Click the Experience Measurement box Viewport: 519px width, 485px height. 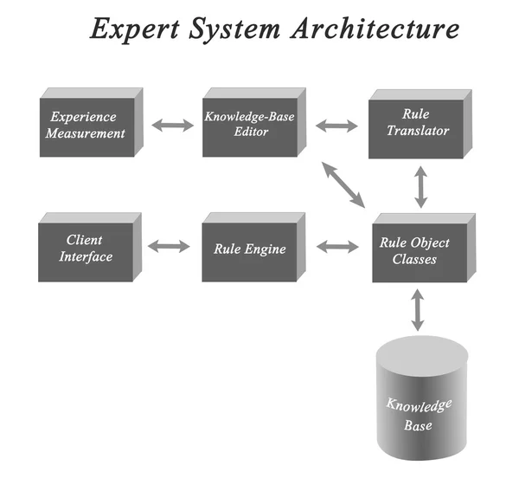(87, 126)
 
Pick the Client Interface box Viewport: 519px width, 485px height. (86, 249)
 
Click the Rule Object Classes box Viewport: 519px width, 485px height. (414, 249)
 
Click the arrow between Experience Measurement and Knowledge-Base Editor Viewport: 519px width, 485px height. (173, 126)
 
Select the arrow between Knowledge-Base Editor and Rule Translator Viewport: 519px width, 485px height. (336, 126)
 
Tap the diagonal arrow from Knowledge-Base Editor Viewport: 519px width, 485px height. (343, 183)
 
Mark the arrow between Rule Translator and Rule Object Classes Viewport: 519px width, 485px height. (421, 185)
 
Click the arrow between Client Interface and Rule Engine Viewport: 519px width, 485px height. (169, 247)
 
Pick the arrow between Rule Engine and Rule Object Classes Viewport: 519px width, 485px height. (336, 247)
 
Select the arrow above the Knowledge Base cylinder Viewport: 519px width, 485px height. (418, 309)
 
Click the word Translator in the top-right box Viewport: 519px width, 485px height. (419, 132)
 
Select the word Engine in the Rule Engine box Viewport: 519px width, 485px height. (266, 249)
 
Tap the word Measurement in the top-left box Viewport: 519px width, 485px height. (87, 133)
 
